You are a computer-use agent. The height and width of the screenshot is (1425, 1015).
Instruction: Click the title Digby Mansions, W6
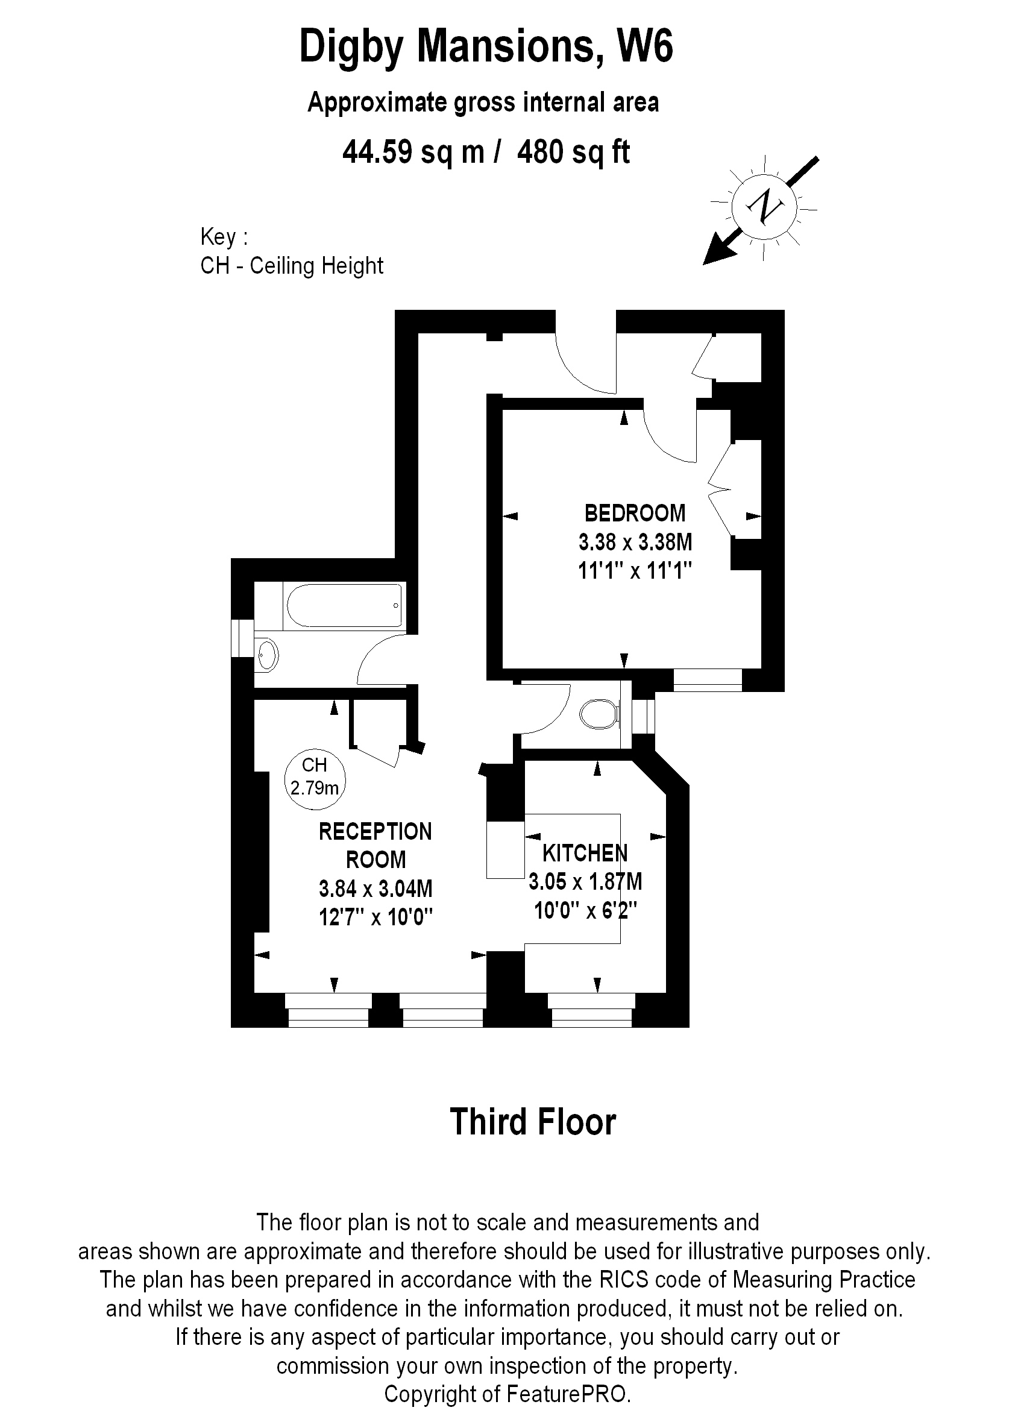point(486,47)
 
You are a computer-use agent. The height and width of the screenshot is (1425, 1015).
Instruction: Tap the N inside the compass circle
point(764,206)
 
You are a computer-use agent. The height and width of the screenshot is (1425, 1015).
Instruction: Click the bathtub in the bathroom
point(344,605)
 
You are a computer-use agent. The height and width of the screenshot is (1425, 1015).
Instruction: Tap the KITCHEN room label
point(585,852)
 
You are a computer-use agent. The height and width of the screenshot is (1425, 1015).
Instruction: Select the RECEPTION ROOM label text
point(375,845)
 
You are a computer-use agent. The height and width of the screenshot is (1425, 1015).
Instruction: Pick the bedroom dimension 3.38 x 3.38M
point(635,542)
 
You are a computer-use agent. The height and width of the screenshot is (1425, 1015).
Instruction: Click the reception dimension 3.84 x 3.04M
point(375,888)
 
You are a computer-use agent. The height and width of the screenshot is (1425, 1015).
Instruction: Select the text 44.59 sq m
point(413,152)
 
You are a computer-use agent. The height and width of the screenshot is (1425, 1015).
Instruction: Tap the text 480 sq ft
point(573,152)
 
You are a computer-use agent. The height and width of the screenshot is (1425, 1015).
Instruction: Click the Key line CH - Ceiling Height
point(291,266)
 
